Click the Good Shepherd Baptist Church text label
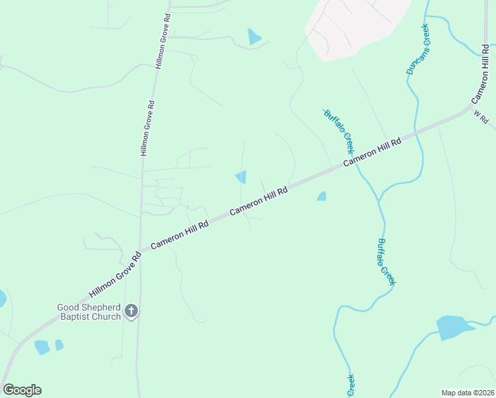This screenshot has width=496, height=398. pyautogui.click(x=89, y=312)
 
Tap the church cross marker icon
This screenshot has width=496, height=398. pyautogui.click(x=131, y=310)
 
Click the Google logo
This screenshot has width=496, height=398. pyautogui.click(x=22, y=390)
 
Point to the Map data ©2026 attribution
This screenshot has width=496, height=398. pyautogui.click(x=467, y=393)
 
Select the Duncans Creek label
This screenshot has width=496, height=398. pyautogui.click(x=418, y=49)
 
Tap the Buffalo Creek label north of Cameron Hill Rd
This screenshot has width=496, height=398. pyautogui.click(x=339, y=131)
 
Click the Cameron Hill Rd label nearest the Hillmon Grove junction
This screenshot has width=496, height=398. pyautogui.click(x=180, y=235)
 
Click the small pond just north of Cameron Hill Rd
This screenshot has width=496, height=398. pyautogui.click(x=241, y=177)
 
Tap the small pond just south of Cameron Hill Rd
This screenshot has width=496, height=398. pyautogui.click(x=322, y=196)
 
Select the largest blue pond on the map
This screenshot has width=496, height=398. pyautogui.click(x=454, y=328)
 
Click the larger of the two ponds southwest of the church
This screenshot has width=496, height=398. pyautogui.click(x=42, y=347)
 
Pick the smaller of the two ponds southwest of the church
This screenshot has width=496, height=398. pyautogui.click(x=59, y=345)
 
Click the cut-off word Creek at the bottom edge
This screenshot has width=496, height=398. pyautogui.click(x=350, y=385)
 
